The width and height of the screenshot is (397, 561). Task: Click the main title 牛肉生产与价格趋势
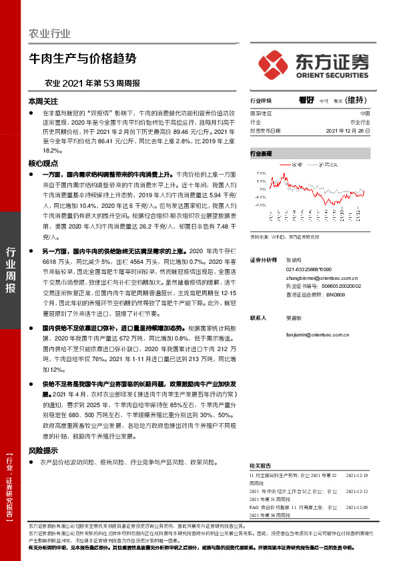(x=82, y=59)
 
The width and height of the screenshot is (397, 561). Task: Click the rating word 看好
(x=306, y=100)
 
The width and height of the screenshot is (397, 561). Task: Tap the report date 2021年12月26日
(x=348, y=131)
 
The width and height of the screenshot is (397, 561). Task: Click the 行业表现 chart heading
(x=261, y=153)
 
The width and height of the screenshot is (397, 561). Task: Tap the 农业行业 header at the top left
(x=50, y=33)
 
